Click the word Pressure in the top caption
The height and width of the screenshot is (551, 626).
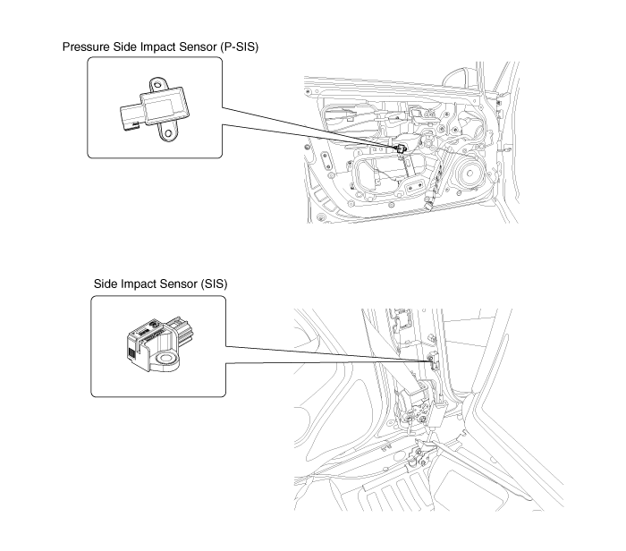(87, 47)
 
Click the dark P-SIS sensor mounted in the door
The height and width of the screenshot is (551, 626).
(400, 146)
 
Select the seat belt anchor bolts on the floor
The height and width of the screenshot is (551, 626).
(418, 458)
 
